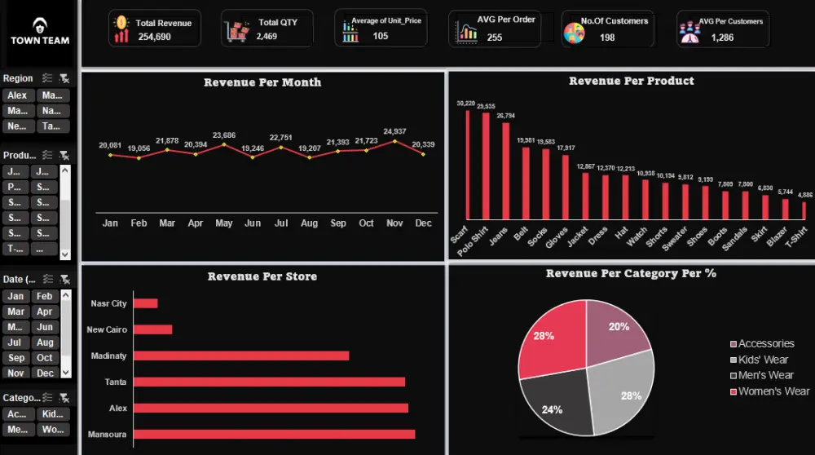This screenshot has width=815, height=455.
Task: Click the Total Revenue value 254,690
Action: tap(154, 37)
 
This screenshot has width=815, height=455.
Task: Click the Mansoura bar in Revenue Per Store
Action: tap(274, 434)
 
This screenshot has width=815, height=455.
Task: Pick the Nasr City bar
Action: tap(145, 303)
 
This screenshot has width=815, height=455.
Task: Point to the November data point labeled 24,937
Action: tap(395, 141)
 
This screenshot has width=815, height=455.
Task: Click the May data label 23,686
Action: tap(224, 135)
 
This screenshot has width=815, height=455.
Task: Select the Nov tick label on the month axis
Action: tap(395, 223)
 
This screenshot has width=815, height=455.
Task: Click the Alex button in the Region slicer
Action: tap(17, 95)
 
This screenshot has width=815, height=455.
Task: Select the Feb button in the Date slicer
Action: tap(45, 296)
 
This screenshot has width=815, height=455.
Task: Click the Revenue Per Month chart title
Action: tap(262, 82)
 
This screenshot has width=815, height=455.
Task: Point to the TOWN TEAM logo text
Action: tap(40, 40)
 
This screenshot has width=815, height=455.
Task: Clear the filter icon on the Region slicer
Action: tap(64, 78)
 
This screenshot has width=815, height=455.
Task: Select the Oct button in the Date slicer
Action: tap(45, 358)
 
